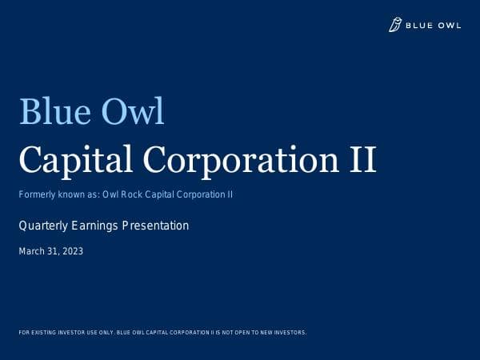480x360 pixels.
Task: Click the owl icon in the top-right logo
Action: [395, 26]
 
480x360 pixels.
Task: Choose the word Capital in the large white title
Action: [71, 160]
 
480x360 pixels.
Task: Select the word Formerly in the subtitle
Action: [38, 194]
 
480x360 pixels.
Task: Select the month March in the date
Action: [31, 251]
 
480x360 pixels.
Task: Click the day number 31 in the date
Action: [54, 251]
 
